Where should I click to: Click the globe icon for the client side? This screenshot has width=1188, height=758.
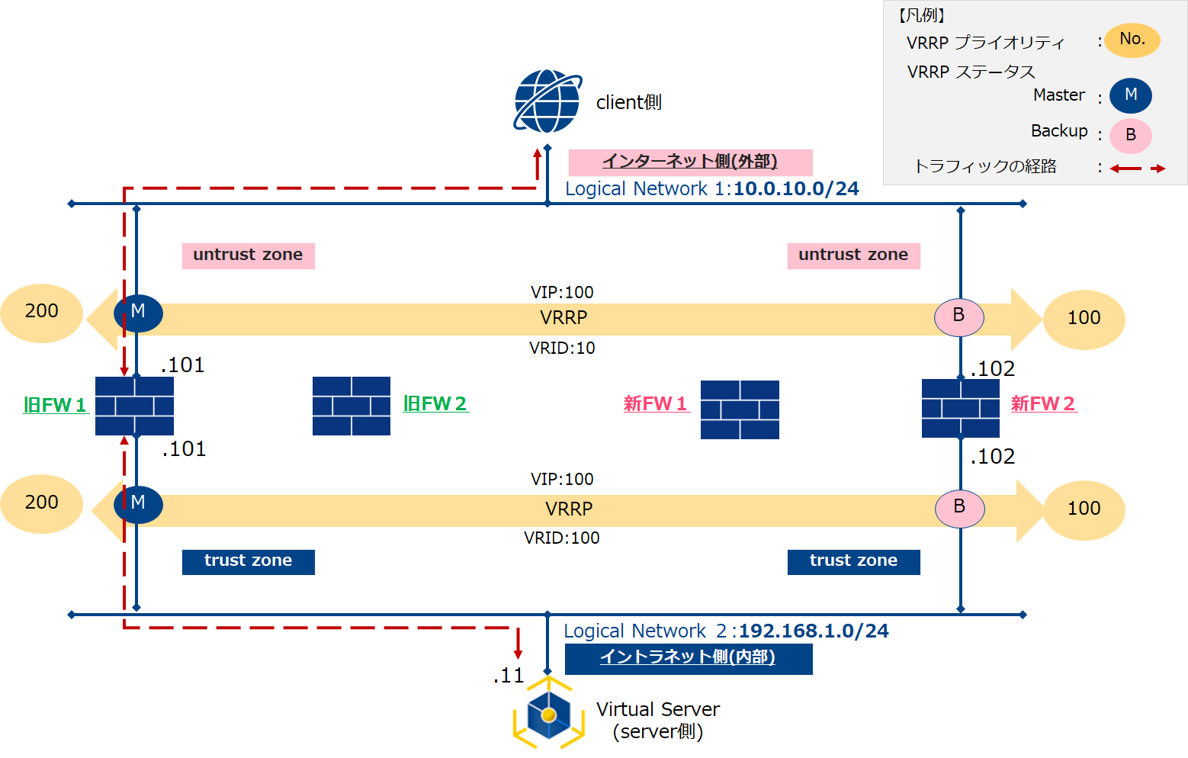click(547, 101)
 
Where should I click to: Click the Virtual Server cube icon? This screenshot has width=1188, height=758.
click(548, 714)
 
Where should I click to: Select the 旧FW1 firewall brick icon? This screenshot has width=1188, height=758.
click(134, 406)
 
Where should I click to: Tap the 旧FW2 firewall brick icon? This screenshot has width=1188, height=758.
click(352, 406)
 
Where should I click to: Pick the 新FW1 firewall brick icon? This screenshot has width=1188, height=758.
click(740, 410)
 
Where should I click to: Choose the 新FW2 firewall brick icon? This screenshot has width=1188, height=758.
click(960, 408)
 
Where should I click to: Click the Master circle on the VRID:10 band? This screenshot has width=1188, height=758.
click(138, 312)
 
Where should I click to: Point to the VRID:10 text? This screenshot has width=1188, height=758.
click(562, 348)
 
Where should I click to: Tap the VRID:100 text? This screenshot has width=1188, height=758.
click(562, 538)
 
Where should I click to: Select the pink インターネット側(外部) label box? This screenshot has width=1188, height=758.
click(690, 162)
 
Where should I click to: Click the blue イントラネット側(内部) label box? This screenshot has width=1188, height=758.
click(688, 658)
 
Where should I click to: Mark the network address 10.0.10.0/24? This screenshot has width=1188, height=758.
click(796, 189)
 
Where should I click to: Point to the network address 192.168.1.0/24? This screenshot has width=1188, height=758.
click(814, 631)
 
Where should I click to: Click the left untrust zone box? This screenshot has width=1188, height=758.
click(248, 255)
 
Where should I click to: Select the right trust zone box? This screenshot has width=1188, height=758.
click(853, 561)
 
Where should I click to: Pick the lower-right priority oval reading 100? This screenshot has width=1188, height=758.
click(1084, 509)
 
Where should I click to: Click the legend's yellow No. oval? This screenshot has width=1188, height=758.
click(1132, 40)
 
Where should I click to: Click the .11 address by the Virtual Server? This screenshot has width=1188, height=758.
click(509, 676)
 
